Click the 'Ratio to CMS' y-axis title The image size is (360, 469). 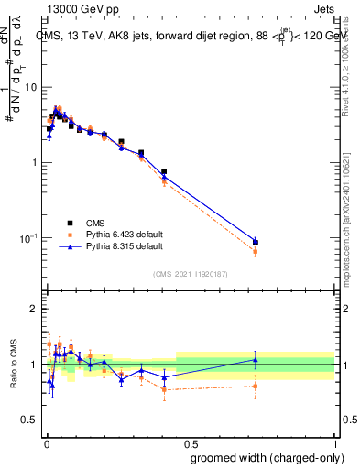(x=13, y=365)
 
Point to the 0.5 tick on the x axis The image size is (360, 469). (x=191, y=441)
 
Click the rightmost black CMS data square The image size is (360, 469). (x=256, y=242)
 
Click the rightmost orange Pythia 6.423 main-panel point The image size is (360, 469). (x=256, y=251)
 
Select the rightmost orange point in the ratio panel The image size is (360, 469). (x=256, y=387)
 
